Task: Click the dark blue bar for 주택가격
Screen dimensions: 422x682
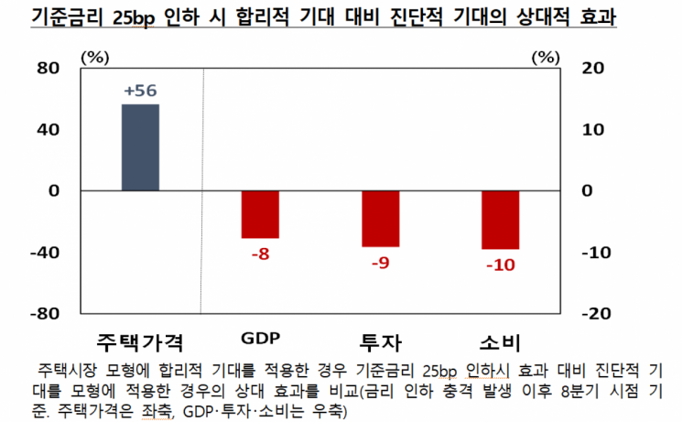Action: (x=140, y=147)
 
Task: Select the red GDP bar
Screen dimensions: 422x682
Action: (x=260, y=214)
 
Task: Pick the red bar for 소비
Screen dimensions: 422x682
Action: (x=500, y=220)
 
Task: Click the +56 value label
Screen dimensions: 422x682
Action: (x=140, y=92)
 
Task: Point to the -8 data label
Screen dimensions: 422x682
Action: (x=260, y=254)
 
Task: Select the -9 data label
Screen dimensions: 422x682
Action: (x=380, y=262)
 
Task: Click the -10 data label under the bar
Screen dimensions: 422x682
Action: (x=500, y=265)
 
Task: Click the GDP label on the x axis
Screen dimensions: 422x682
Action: (x=260, y=338)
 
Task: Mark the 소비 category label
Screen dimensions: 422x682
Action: (x=500, y=342)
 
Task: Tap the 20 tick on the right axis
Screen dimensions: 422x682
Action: (x=594, y=68)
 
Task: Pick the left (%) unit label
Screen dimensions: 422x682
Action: (x=94, y=57)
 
